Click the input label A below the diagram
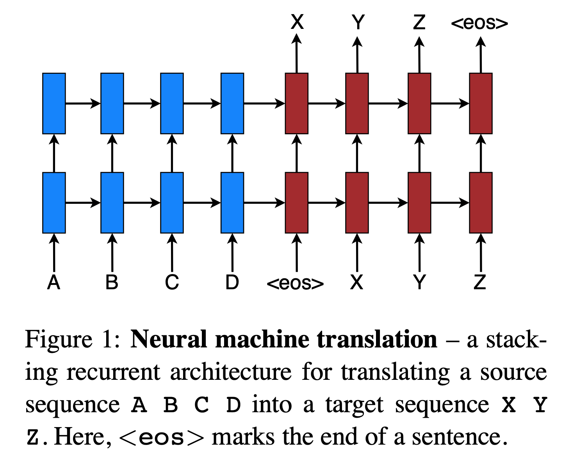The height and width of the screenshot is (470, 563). click(53, 282)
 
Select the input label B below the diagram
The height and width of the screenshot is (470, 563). click(112, 282)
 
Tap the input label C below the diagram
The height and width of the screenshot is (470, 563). click(172, 282)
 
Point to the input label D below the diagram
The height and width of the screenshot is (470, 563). click(232, 282)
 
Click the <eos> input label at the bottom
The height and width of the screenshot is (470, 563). click(295, 283)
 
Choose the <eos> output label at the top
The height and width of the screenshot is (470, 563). click(479, 23)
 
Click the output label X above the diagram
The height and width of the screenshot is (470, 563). click(297, 22)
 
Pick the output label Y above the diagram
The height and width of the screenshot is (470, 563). click(358, 22)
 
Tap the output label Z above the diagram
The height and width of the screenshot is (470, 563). click(419, 22)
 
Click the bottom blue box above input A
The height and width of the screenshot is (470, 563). click(54, 203)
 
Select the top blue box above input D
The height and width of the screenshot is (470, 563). click(232, 103)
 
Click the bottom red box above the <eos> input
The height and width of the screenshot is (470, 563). click(297, 203)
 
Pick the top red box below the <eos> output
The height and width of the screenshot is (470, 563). click(481, 103)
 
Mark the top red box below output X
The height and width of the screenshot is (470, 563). click(297, 103)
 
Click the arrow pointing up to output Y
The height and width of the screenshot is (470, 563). click(357, 55)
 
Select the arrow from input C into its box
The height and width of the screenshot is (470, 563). click(172, 253)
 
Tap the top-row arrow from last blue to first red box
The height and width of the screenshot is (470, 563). click(264, 103)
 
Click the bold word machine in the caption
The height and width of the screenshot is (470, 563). click(262, 339)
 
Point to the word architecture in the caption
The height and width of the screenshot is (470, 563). click(231, 372)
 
